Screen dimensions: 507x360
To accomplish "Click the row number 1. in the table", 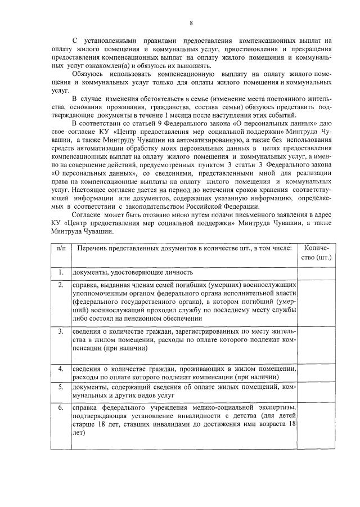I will point(61,273).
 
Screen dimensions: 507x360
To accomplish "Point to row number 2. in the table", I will point(61,285).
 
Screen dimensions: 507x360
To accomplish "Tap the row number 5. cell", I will point(61,387).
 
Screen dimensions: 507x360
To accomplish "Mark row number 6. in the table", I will point(61,407).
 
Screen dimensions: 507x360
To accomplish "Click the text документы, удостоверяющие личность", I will point(133,273).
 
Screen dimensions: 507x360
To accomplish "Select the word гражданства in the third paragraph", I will point(166,106).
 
